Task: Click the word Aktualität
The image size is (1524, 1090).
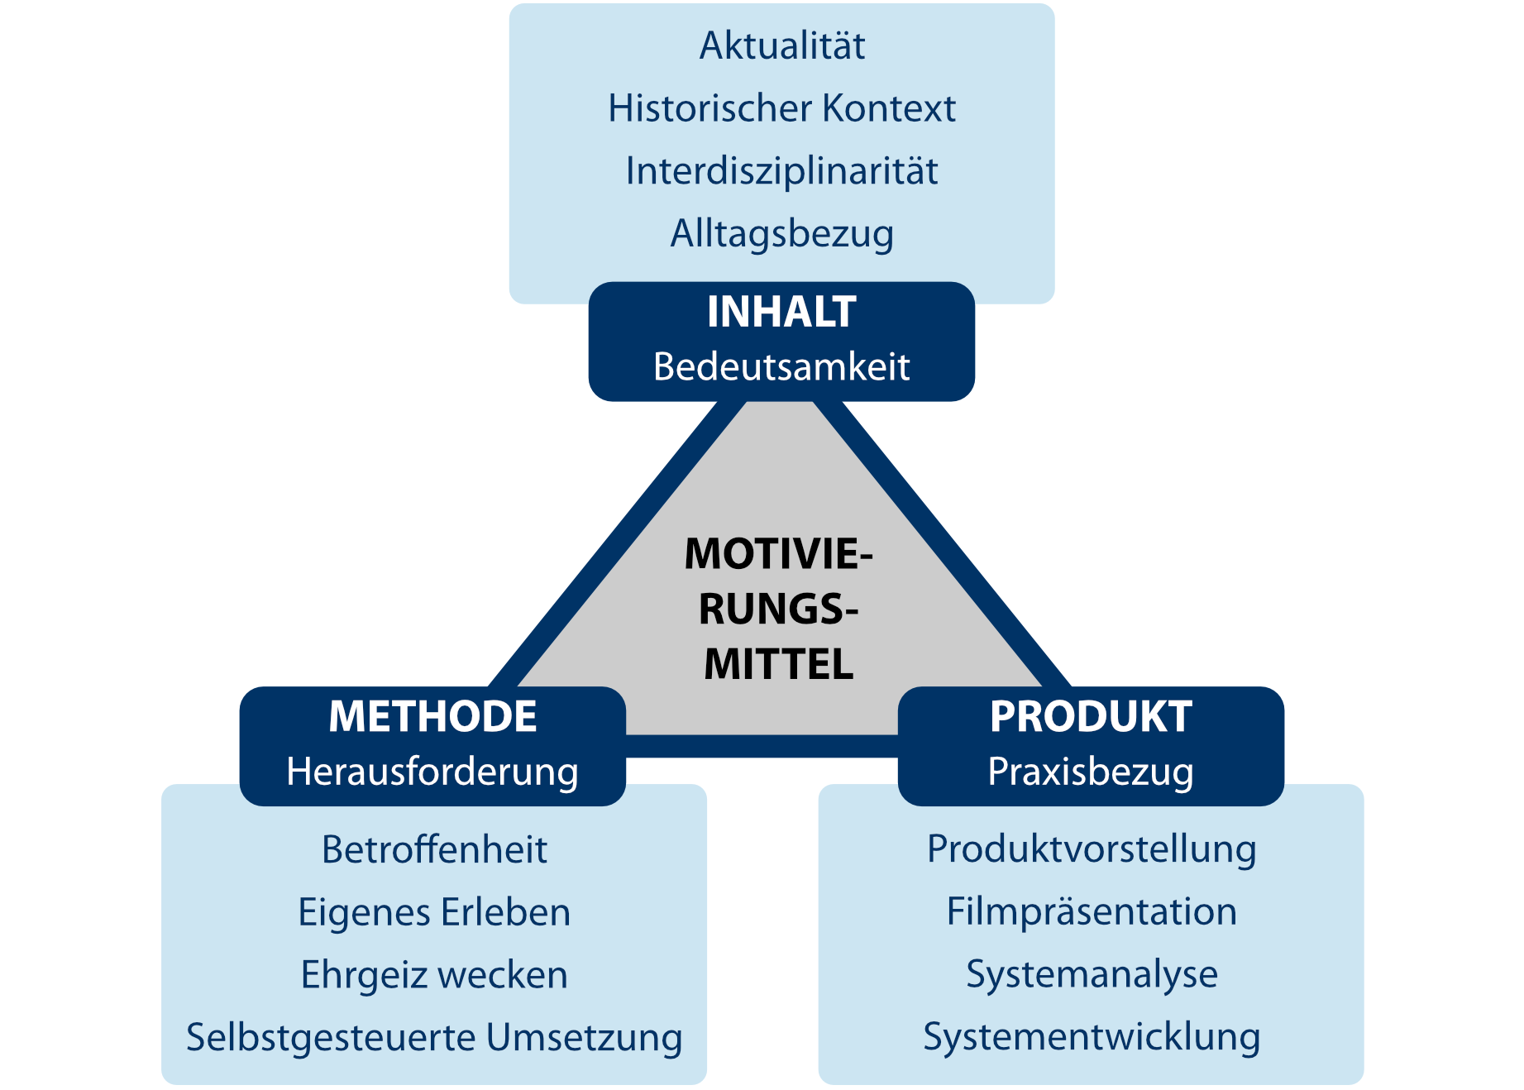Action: tap(781, 46)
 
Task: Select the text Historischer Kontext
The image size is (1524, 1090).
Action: tap(781, 108)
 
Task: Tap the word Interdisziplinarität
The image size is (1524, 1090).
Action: tap(781, 171)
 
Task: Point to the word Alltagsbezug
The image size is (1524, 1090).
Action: tap(781, 234)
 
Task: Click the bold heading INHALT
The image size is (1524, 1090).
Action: tap(781, 313)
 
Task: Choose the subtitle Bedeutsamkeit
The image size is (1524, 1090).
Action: tap(781, 367)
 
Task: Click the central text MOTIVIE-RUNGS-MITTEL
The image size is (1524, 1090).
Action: tap(778, 609)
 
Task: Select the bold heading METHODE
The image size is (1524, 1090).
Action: tap(432, 717)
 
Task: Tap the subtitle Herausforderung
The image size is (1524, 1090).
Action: tap(432, 772)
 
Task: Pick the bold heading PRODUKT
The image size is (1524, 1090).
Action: tap(1091, 717)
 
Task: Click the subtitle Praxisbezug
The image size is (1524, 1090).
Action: tap(1091, 772)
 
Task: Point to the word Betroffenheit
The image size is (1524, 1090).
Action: tap(434, 850)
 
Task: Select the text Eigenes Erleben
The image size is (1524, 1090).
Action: tap(434, 912)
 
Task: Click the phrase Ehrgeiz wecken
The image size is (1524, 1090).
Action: tap(434, 975)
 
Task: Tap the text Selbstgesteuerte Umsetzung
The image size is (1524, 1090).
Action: tap(434, 1038)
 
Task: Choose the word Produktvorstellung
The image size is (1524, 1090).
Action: tap(1092, 849)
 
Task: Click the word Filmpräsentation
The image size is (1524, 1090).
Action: tap(1092, 912)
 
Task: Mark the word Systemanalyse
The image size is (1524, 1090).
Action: tap(1092, 974)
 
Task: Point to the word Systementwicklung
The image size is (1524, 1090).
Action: tap(1092, 1037)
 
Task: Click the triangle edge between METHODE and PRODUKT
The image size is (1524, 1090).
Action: tap(762, 746)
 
